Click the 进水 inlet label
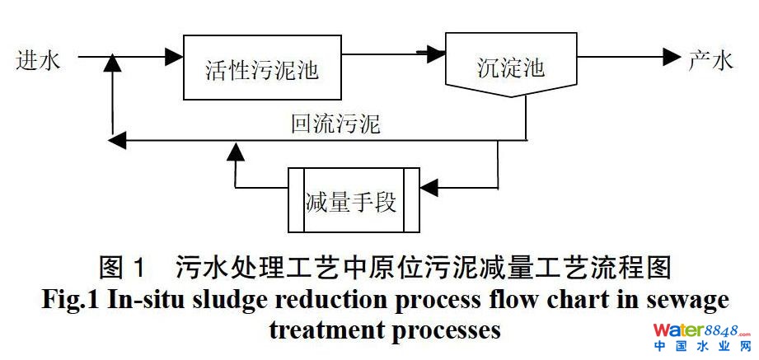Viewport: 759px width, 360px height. [x=38, y=60]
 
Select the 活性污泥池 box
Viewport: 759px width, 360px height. [x=261, y=69]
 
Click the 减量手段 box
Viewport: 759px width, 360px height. [x=354, y=199]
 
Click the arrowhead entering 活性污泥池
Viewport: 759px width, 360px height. [x=173, y=58]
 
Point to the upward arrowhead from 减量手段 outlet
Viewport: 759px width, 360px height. [x=236, y=149]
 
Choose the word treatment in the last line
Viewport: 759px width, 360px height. [x=327, y=329]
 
